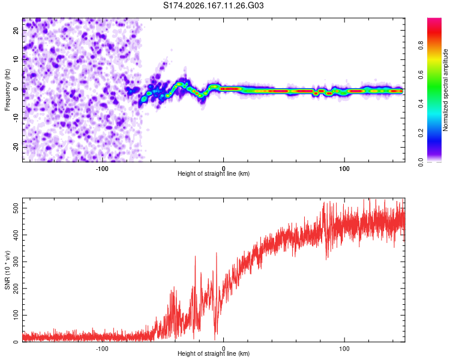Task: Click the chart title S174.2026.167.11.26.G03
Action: point(213,5)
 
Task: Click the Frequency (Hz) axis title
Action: point(7,90)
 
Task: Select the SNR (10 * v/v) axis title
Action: point(7,270)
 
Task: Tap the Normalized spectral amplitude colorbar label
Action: point(445,90)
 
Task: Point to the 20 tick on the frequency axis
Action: point(16,31)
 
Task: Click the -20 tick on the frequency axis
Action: point(16,147)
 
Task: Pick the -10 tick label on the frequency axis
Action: point(16,118)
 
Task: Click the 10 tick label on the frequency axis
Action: point(16,60)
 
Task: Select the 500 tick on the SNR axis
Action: point(16,208)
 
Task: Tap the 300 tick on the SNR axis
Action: point(16,262)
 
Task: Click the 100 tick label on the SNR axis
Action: point(16,315)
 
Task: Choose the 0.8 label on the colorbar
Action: point(421,46)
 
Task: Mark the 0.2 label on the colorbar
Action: point(421,133)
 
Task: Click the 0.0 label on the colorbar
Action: point(421,162)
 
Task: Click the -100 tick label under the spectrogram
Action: point(102,169)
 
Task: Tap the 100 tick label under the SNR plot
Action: point(344,349)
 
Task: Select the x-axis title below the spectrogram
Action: point(214,173)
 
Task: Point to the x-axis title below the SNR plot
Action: point(214,353)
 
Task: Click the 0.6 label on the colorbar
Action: point(421,74)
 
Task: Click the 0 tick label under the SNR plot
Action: point(224,349)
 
